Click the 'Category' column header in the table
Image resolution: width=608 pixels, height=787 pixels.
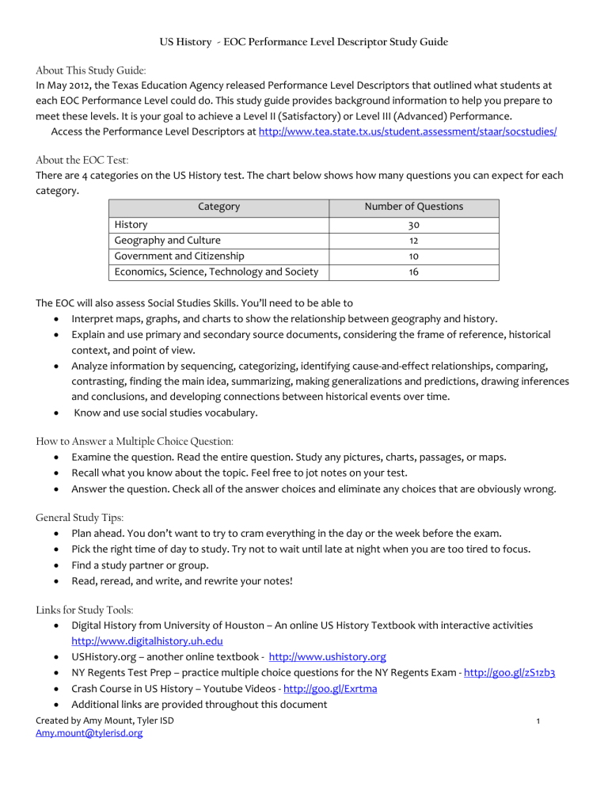pos(218,207)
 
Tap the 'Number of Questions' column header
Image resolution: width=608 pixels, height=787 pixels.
pos(414,207)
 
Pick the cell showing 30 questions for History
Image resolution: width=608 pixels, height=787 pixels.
pos(414,225)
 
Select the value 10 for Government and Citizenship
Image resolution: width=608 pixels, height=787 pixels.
pos(414,256)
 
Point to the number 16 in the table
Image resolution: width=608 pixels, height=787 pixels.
pos(414,272)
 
